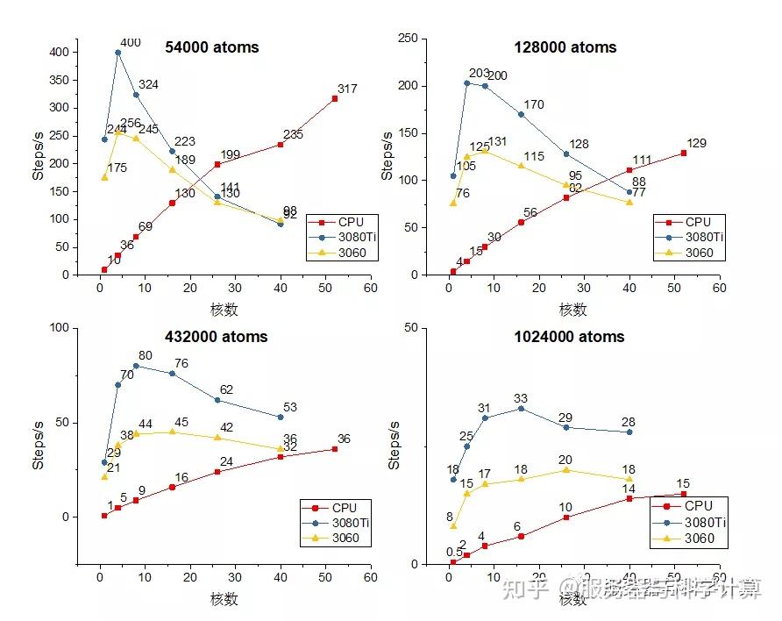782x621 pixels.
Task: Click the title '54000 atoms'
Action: (212, 47)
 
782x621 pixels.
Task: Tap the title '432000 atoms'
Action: (217, 337)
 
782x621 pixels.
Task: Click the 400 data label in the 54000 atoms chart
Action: (130, 42)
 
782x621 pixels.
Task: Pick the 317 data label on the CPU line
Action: (348, 89)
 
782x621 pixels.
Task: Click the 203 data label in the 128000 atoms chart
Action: (480, 74)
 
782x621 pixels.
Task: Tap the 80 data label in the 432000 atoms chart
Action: (146, 355)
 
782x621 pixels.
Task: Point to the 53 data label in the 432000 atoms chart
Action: (290, 407)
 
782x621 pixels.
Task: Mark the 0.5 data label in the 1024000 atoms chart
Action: (454, 552)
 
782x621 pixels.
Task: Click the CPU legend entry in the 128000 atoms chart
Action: (696, 222)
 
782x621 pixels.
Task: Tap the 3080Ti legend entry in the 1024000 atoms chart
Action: (705, 522)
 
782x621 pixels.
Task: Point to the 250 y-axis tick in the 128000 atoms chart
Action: (406, 38)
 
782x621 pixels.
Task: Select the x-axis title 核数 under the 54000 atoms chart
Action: (224, 310)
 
